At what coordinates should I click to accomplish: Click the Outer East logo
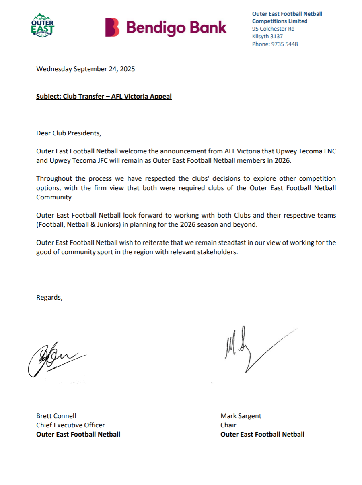(x=43, y=25)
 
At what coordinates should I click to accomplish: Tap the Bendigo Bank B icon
(x=113, y=27)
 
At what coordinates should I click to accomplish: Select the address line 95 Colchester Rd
(x=273, y=29)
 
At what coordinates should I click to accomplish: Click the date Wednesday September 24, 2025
(x=86, y=69)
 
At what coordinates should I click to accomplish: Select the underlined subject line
(x=104, y=97)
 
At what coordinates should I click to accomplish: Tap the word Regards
(x=49, y=298)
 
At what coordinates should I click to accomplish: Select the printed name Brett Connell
(x=56, y=416)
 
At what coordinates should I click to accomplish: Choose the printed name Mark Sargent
(x=241, y=416)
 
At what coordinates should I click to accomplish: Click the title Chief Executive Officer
(x=70, y=425)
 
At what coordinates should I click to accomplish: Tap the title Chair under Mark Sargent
(x=228, y=425)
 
